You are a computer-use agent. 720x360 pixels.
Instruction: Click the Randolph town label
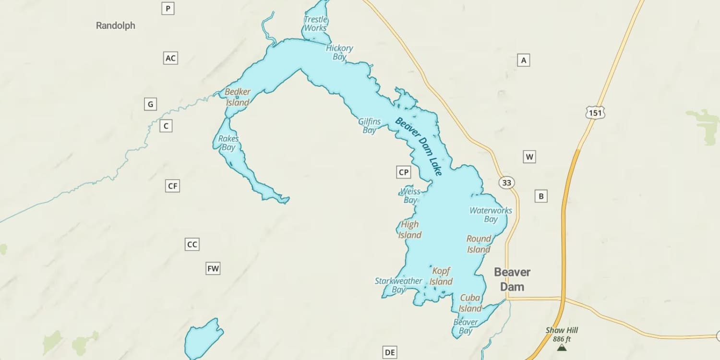116,25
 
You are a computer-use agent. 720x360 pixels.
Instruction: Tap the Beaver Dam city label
512,279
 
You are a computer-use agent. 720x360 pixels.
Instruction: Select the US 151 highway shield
595,113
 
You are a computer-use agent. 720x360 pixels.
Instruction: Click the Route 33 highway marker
507,182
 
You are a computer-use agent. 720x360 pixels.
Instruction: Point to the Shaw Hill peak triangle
561,347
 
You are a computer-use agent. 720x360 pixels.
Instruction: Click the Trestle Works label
315,24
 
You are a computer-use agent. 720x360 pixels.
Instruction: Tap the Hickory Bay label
339,52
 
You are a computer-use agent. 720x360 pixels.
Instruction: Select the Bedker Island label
238,97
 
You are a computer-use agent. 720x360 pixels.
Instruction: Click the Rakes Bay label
228,143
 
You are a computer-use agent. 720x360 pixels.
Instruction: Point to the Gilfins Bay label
369,126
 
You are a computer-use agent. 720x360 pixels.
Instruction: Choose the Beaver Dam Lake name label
419,146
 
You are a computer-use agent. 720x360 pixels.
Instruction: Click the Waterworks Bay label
491,215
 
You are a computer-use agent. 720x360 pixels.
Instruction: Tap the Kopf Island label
441,276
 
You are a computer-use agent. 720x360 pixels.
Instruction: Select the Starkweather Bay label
398,285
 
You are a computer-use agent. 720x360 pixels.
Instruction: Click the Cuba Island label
470,303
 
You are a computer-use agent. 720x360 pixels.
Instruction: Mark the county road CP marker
404,172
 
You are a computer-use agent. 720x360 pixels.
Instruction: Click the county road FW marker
213,268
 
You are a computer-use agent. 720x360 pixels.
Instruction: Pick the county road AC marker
170,58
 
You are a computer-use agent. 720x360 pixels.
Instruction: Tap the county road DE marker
390,353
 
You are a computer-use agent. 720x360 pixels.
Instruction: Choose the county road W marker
529,156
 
